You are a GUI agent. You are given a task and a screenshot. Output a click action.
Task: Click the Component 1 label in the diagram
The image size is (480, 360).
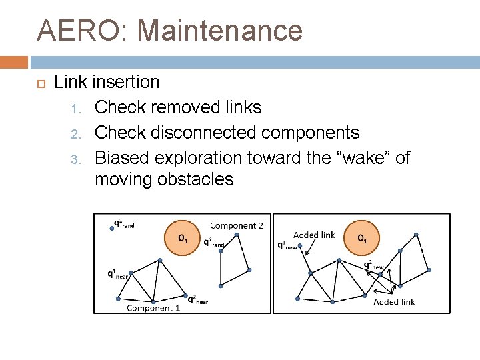tap(153, 307)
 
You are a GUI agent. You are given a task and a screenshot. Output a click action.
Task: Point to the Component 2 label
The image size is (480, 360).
tap(237, 226)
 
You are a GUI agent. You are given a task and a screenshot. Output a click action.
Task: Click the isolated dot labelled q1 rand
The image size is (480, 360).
tap(111, 227)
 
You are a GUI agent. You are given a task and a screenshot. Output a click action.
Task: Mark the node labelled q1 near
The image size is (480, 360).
tap(132, 273)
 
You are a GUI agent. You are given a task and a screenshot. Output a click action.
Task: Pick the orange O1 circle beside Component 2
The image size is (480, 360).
tap(182, 237)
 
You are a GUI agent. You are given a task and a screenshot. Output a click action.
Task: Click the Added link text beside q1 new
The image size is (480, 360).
tap(314, 235)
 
